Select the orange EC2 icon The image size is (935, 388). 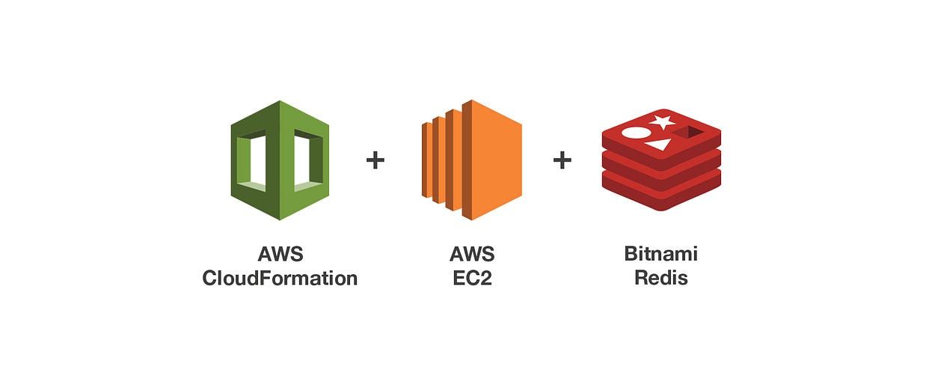click(471, 160)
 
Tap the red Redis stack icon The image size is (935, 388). click(661, 160)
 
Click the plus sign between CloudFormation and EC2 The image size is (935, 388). click(375, 160)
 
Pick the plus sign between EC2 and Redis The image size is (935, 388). click(562, 160)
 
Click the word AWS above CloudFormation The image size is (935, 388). click(280, 254)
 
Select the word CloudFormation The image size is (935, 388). click(280, 279)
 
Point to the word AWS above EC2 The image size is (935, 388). click(472, 254)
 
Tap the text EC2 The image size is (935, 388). click(472, 279)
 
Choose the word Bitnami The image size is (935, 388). click(661, 254)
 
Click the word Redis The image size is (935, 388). click(661, 279)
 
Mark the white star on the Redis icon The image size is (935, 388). click(662, 121)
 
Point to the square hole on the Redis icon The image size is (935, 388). click(689, 133)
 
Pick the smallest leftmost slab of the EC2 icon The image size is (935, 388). click(425, 160)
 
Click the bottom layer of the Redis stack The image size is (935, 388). click(661, 196)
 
